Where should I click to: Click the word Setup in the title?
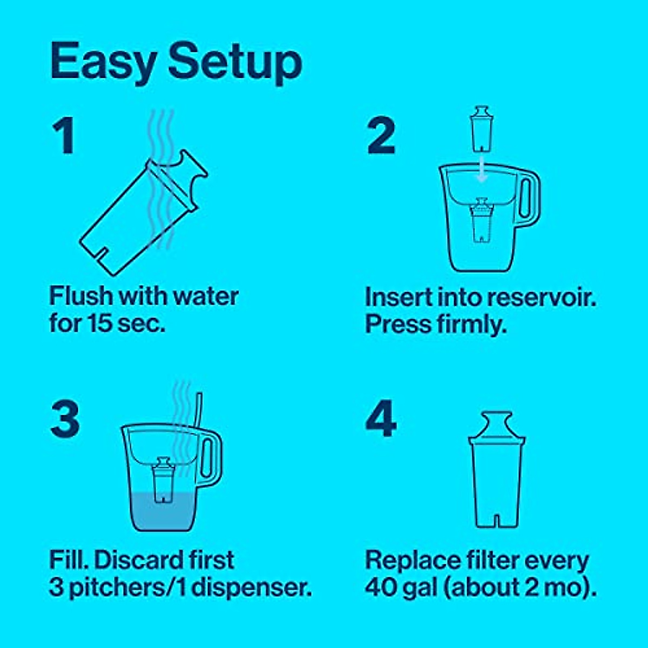click(x=235, y=62)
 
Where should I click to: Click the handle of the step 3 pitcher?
click(x=211, y=457)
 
